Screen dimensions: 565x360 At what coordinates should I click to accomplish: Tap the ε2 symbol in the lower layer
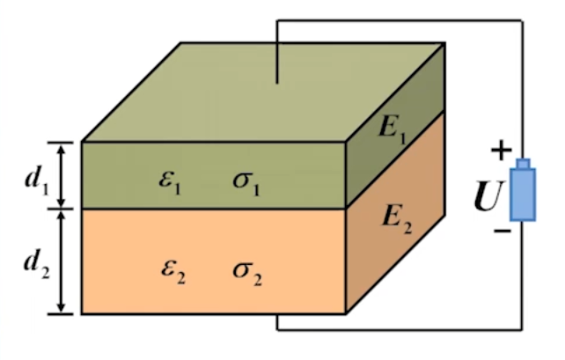tap(173, 268)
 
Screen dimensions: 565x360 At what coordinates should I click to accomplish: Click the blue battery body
tap(523, 195)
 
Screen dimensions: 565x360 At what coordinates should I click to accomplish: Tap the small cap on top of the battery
tap(523, 164)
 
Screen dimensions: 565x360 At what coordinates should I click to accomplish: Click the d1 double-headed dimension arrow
tap(61, 175)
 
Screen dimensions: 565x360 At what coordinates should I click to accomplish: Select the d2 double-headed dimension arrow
tap(61, 261)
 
